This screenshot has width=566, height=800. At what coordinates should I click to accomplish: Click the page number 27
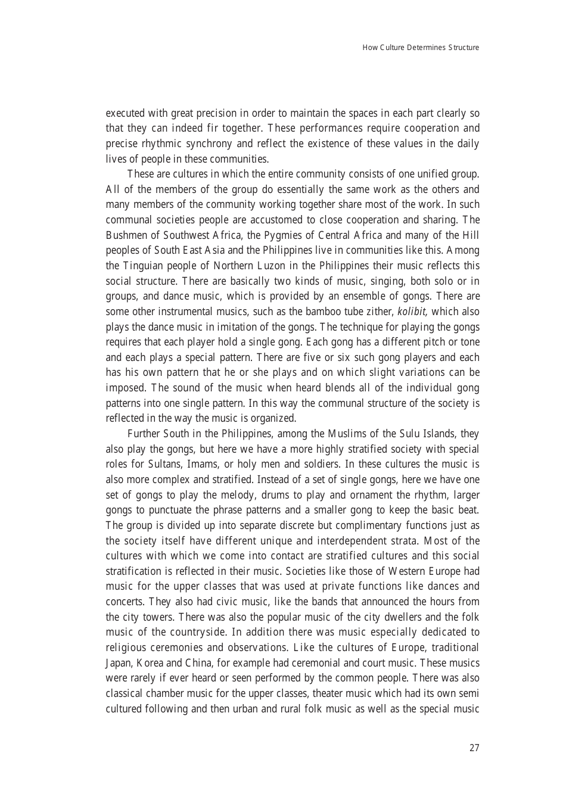tap(474, 748)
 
